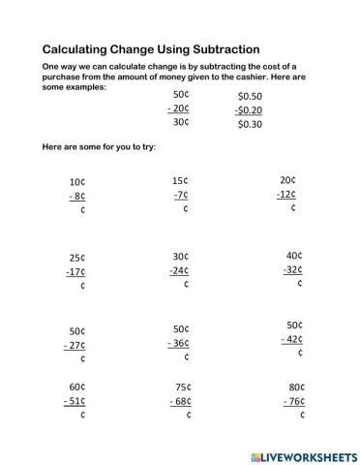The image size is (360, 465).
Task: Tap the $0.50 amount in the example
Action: pos(250,97)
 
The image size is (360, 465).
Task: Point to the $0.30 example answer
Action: pos(250,125)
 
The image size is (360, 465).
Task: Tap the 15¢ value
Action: pos(180,180)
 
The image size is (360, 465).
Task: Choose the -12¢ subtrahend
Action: pos(285,194)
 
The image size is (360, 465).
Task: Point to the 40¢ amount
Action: pos(294,256)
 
